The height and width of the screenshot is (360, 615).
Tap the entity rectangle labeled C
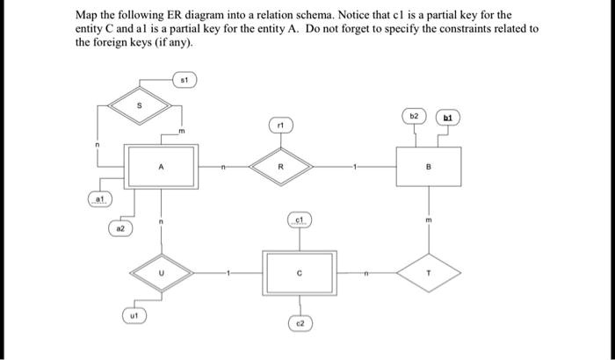click(300, 272)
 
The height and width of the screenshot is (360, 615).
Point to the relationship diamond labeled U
click(160, 272)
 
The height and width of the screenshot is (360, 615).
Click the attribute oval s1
click(182, 80)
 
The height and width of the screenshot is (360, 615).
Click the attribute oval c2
click(300, 324)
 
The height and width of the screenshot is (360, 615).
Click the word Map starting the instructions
click(86, 16)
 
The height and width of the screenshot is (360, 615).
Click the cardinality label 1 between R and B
click(356, 163)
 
